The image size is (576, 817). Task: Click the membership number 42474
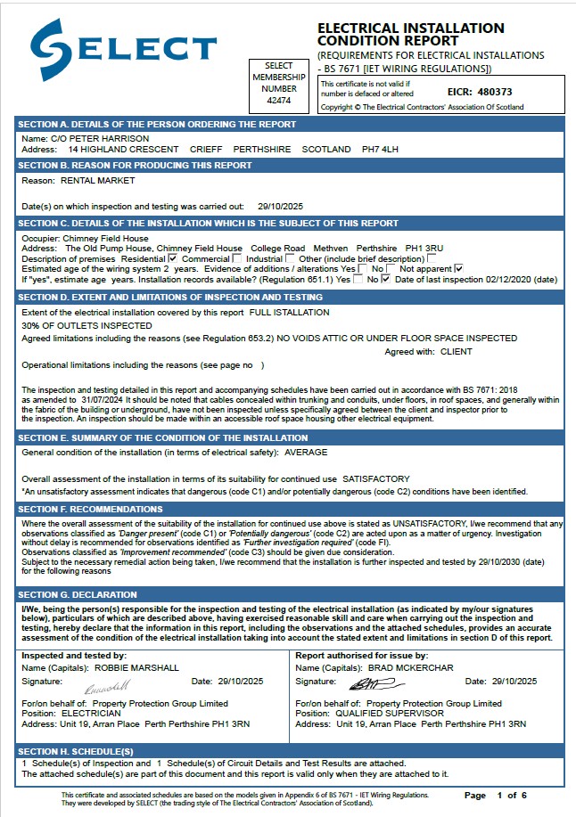(279, 100)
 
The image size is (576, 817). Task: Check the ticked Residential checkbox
(173, 258)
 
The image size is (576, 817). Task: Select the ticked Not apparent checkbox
(458, 268)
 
